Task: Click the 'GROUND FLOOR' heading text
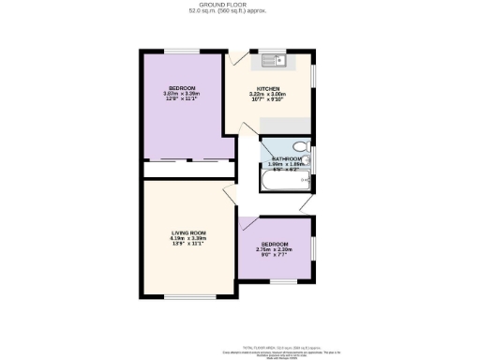[x=239, y=5]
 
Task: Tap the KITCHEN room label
[x=269, y=88]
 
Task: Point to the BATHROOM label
[x=287, y=159]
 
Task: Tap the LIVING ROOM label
[x=188, y=232]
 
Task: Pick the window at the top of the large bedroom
[x=181, y=50]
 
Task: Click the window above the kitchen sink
[x=275, y=51]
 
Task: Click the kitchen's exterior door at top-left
[x=232, y=58]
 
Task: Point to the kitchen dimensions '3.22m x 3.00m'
[x=269, y=97]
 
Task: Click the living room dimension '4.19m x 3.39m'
[x=188, y=241]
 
